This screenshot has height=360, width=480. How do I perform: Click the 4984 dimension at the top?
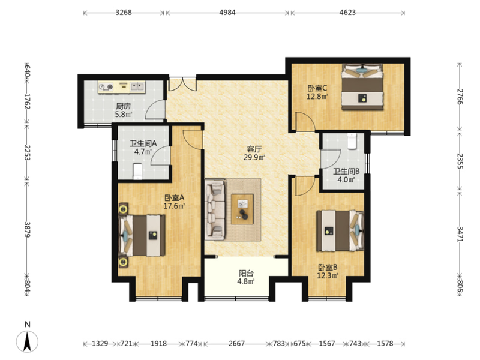click(227, 13)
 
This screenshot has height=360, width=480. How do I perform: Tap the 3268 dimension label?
click(124, 13)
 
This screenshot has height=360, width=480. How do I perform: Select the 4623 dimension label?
click(347, 13)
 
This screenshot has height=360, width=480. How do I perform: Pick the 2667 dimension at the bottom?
click(236, 343)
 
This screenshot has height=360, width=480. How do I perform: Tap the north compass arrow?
click(27, 341)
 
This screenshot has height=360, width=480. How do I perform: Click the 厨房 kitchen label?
click(124, 106)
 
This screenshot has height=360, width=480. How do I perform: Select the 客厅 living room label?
click(254, 149)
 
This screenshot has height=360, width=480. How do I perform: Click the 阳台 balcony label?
click(246, 273)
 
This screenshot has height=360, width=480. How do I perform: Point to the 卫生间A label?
click(143, 143)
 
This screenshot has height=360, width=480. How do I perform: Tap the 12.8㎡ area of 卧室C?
click(317, 97)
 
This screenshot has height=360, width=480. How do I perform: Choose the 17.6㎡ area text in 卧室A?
click(174, 206)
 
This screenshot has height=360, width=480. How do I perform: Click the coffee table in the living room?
click(242, 209)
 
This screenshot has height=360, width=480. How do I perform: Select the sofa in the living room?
click(215, 209)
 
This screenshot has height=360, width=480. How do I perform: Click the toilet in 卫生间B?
click(352, 141)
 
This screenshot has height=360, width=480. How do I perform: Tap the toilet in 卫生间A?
click(137, 172)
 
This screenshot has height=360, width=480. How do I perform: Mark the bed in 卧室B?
click(340, 230)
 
